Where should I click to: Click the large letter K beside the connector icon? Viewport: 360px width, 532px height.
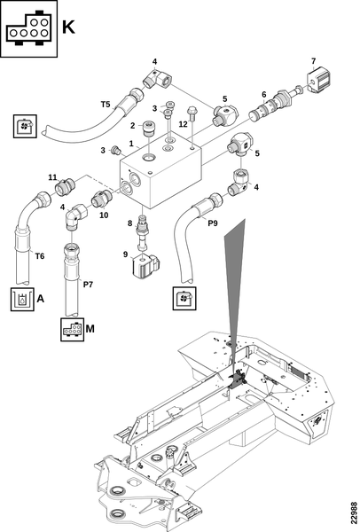(68, 27)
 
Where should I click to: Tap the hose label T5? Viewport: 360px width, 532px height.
(106, 104)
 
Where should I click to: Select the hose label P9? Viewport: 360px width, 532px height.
(213, 223)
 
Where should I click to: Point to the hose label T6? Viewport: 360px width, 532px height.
(40, 256)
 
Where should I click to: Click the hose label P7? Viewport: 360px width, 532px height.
(88, 285)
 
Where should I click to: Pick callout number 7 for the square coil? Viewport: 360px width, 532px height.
(313, 61)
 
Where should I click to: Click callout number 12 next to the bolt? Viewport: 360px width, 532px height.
(183, 124)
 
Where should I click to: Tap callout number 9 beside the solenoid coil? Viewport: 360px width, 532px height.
(126, 254)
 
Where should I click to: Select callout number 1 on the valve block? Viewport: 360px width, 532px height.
(131, 144)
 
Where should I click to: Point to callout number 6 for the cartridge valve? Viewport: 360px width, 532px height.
(263, 95)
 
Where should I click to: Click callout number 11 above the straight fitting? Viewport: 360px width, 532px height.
(52, 177)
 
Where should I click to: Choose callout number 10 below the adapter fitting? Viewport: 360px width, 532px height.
(104, 215)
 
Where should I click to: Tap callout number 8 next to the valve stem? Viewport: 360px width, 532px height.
(130, 223)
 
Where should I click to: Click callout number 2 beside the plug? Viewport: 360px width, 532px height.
(133, 126)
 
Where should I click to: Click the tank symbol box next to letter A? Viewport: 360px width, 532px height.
(22, 300)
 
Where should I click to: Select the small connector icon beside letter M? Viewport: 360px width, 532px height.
(73, 330)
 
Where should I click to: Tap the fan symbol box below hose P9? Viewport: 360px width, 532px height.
(184, 298)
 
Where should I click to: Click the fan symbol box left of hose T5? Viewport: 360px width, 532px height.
(25, 126)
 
